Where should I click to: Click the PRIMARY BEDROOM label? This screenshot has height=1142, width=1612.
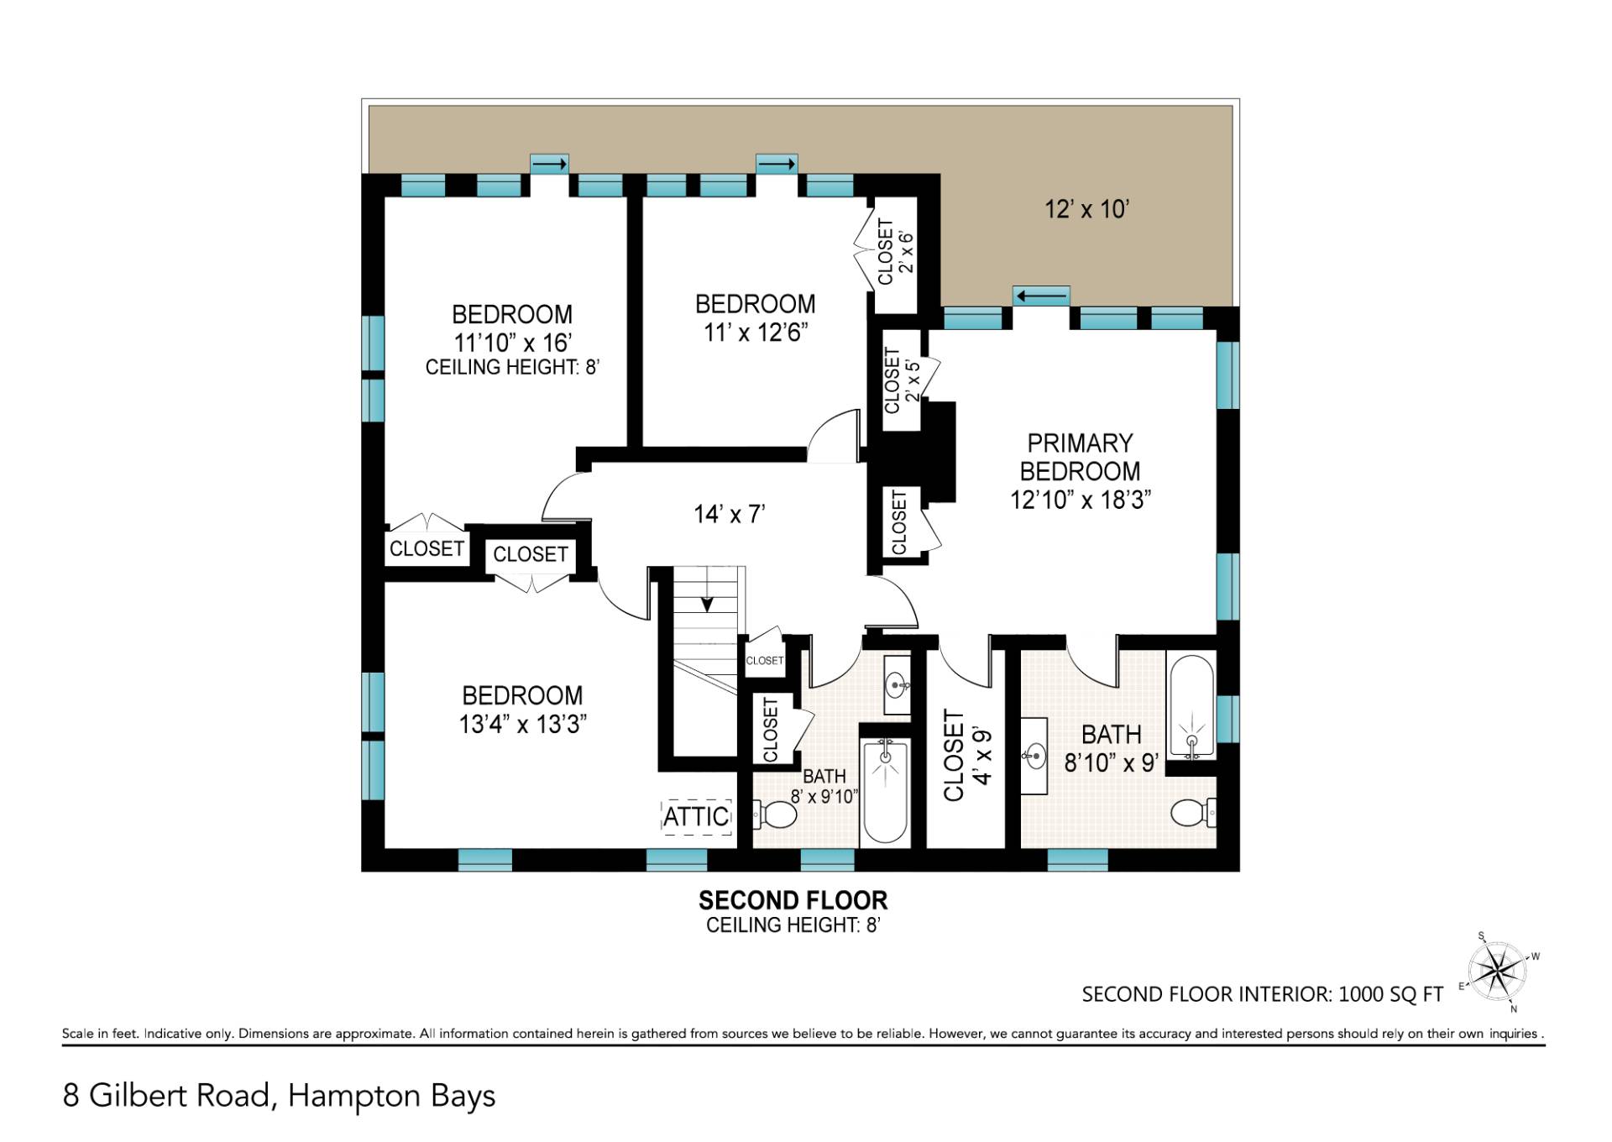(x=1080, y=457)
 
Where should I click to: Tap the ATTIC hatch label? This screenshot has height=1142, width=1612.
(x=696, y=816)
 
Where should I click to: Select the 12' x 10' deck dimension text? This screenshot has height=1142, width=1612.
(x=1086, y=209)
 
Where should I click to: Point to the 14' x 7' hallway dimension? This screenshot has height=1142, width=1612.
(x=729, y=514)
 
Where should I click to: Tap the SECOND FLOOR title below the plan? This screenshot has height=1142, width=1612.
(x=793, y=900)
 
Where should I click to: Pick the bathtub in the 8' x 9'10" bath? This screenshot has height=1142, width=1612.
(x=885, y=791)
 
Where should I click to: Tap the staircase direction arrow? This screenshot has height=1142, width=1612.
(x=708, y=603)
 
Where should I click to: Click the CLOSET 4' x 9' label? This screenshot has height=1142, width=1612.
(x=967, y=755)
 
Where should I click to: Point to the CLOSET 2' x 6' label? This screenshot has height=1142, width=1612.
(x=895, y=251)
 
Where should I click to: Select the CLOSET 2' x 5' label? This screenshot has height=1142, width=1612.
(x=902, y=380)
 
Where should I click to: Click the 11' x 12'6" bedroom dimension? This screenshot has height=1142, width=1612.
(x=756, y=333)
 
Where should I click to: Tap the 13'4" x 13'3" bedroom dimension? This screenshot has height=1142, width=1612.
(x=522, y=724)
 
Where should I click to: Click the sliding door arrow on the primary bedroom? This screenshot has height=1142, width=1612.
(x=1042, y=296)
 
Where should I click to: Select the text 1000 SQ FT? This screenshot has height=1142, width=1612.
(x=1390, y=994)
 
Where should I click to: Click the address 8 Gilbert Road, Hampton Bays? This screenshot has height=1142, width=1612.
(x=279, y=1096)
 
